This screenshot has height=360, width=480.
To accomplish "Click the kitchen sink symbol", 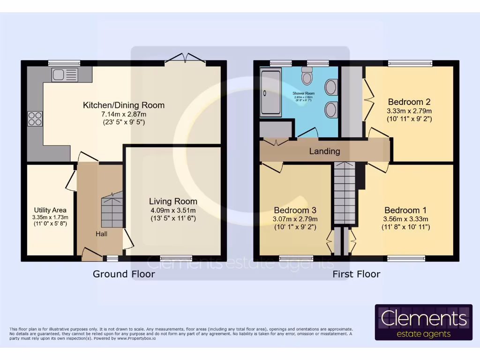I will [65, 75].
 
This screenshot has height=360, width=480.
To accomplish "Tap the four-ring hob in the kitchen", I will [35, 118].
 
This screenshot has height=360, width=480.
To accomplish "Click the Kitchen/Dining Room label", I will [124, 105].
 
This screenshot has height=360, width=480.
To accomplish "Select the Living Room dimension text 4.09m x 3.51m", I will [173, 210].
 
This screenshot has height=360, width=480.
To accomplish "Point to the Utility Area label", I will [50, 210].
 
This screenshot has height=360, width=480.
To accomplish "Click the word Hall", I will [102, 233].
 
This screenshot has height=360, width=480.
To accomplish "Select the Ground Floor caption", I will [124, 274].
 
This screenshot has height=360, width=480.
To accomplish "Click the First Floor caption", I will [356, 274].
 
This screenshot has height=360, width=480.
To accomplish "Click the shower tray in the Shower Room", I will [270, 92].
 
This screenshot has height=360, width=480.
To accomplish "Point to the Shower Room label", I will [304, 93].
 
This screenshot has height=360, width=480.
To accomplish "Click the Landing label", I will [324, 151].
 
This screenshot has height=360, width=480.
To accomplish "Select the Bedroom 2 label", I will [409, 102].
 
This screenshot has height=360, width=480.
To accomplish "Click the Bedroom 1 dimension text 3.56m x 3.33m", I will [406, 218].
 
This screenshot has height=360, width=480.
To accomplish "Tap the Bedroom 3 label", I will [295, 210].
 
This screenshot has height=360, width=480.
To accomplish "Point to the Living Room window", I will [176, 258].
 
